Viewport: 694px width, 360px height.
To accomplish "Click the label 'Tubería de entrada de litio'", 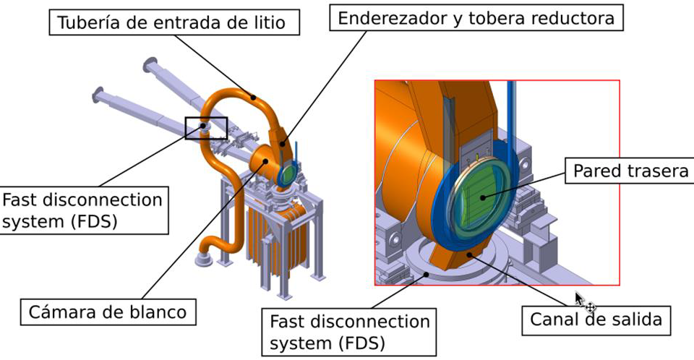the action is (173, 22).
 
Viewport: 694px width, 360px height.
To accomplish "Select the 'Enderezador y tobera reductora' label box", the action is (476, 18).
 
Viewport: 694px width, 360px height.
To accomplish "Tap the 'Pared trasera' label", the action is (630, 171).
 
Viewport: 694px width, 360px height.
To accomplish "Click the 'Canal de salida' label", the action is (596, 320).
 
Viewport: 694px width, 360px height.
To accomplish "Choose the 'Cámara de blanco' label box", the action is (108, 312).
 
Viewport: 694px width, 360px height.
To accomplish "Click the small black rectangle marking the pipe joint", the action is (206, 128).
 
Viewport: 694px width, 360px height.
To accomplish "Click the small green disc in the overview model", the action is (288, 173).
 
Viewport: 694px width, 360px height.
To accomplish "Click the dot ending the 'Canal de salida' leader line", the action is (469, 254).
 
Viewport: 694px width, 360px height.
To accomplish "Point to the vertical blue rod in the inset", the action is (511, 119).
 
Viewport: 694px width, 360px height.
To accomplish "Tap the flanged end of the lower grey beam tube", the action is (98, 93).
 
